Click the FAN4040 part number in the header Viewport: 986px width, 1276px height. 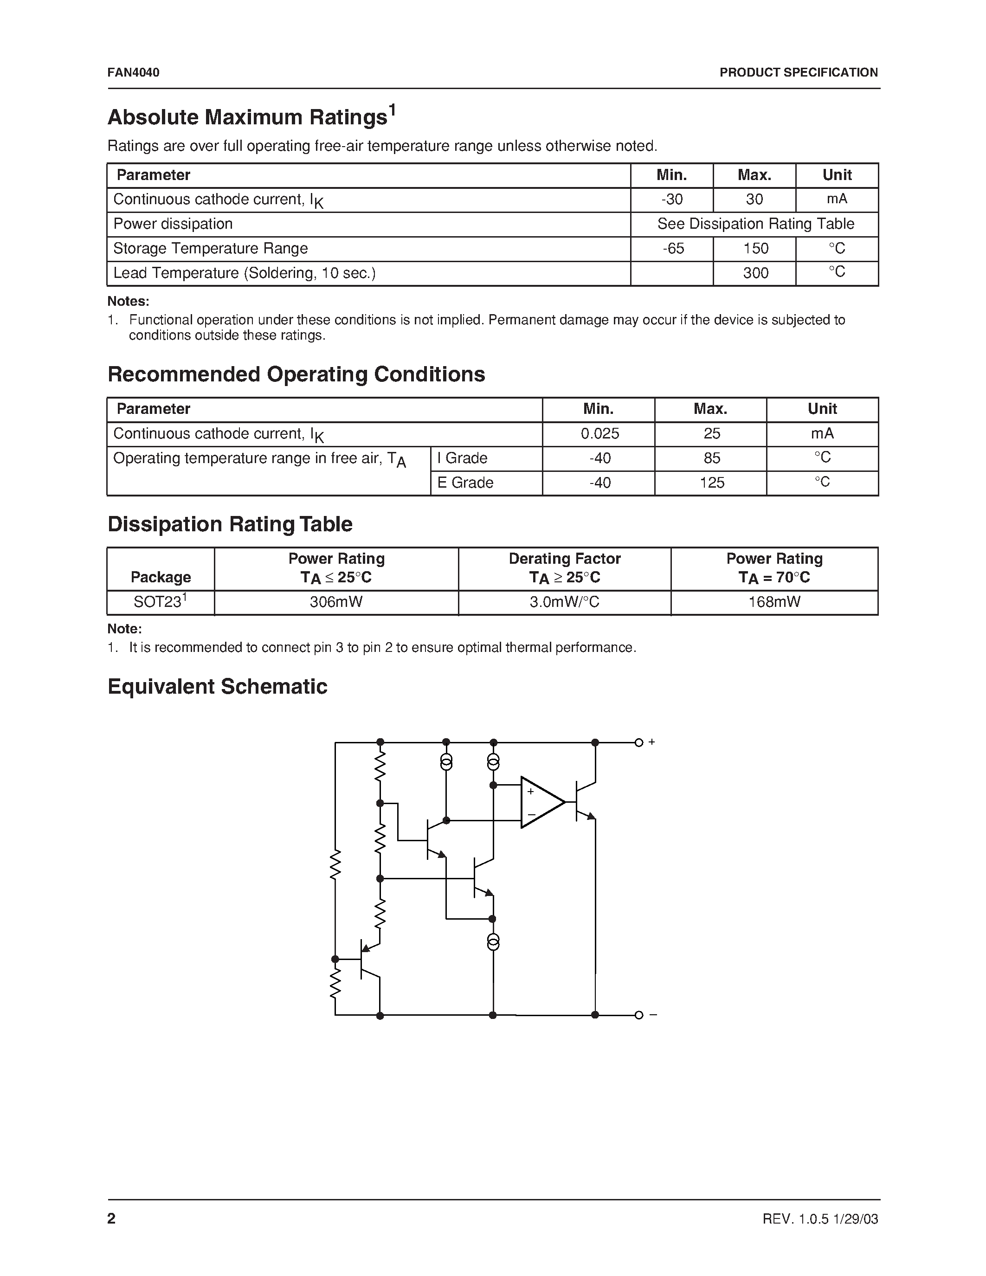[133, 72]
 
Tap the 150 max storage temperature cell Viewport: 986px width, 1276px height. [755, 249]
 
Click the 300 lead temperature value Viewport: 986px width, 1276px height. [755, 273]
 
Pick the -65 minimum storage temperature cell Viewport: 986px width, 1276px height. [672, 249]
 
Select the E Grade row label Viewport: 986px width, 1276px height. [465, 483]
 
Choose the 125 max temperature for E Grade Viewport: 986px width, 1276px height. [711, 483]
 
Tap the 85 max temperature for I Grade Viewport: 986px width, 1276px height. [711, 458]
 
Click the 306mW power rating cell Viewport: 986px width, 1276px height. [336, 602]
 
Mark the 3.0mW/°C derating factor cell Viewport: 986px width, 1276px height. [564, 602]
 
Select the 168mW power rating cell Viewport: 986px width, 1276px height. [774, 602]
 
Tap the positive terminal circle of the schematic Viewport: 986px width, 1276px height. [638, 742]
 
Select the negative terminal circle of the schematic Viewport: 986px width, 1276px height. [638, 1015]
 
